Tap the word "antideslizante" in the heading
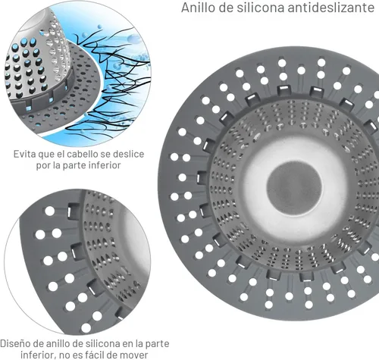click(x=330, y=8)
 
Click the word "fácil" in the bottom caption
click(x=102, y=355)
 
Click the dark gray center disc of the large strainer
click(x=294, y=188)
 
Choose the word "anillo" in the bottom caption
click(x=58, y=343)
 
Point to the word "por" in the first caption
click(x=43, y=166)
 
